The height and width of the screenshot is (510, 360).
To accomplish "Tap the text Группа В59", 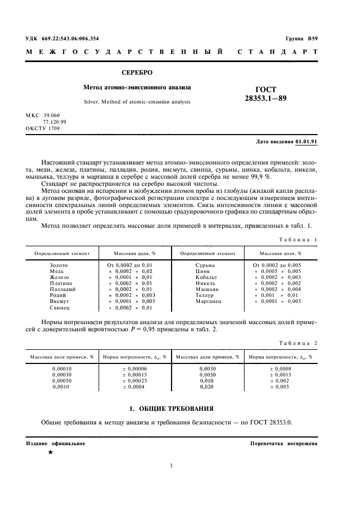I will click(301, 38).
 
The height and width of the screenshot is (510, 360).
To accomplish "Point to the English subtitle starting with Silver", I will click(137, 101).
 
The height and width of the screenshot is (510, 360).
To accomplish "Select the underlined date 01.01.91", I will click(306, 142).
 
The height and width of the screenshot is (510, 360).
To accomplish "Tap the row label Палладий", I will click(59, 289).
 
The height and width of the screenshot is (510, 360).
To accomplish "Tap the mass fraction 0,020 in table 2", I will click(207, 386).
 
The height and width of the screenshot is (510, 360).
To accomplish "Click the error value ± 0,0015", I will click(280, 374).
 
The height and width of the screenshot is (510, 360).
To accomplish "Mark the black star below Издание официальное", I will click(51, 452).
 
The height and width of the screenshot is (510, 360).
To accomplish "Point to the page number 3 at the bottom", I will click(170, 465).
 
